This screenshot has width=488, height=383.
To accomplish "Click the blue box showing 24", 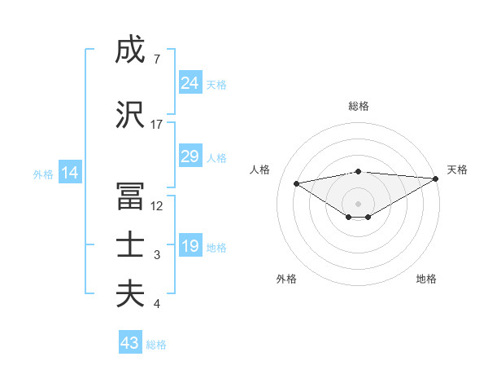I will click(190, 82).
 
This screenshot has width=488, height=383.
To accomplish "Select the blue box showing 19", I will click(190, 246).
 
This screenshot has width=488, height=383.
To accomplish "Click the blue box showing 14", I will click(69, 173).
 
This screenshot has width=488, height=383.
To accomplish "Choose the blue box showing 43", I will click(130, 343).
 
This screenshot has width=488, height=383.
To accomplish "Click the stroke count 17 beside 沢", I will click(157, 125).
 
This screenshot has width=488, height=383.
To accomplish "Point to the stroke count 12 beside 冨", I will click(157, 206).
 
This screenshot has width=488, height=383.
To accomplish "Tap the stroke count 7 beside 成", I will click(156, 59).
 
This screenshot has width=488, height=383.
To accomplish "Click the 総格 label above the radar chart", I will click(358, 106).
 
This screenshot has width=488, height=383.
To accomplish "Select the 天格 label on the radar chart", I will click(457, 169).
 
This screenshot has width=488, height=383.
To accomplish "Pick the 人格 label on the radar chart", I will click(260, 169).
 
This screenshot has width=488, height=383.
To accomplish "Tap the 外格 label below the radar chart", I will click(286, 279).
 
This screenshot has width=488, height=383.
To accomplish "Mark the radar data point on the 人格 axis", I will click(296, 183).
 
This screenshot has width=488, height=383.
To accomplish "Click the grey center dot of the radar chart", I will click(358, 203).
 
